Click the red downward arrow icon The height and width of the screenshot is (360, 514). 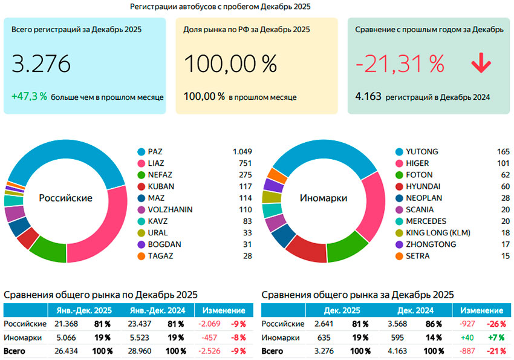(x=481, y=64)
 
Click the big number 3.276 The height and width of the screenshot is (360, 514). (x=41, y=64)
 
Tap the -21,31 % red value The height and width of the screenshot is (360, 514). (x=400, y=64)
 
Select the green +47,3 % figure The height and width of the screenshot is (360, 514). (x=29, y=96)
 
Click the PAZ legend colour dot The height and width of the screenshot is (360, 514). (x=142, y=152)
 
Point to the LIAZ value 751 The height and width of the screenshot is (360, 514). (x=244, y=163)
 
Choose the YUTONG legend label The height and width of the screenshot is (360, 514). (x=422, y=152)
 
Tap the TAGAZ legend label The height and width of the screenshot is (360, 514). (x=160, y=255)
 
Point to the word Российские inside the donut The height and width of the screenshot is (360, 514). (x=65, y=198)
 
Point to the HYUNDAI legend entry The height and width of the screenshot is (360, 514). (x=423, y=186)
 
